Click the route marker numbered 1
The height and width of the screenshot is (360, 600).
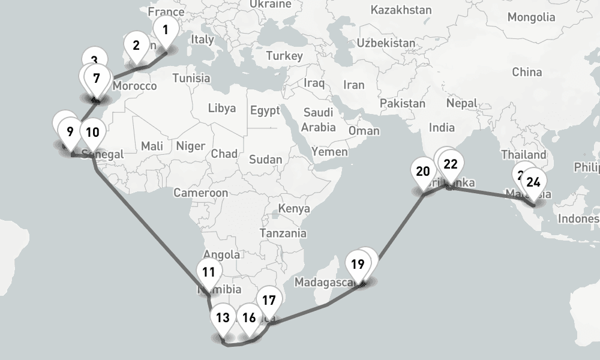pyautogui.click(x=166, y=28)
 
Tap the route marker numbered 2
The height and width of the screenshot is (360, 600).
pyautogui.click(x=136, y=45)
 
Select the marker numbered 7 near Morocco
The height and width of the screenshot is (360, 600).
pyautogui.click(x=96, y=78)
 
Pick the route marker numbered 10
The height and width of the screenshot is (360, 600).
pyautogui.click(x=92, y=131)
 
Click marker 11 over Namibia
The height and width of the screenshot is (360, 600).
pyautogui.click(x=208, y=272)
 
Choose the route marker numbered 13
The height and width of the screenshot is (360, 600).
pyautogui.click(x=223, y=317)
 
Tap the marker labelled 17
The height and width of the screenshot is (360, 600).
pyautogui.click(x=269, y=300)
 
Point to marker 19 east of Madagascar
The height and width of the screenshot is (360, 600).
pyautogui.click(x=358, y=264)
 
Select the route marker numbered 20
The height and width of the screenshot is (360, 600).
pyautogui.click(x=423, y=172)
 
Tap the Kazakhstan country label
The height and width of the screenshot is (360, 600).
pyautogui.click(x=401, y=10)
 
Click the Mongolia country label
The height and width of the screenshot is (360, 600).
pyautogui.click(x=532, y=17)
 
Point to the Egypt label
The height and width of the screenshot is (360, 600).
pyautogui.click(x=265, y=111)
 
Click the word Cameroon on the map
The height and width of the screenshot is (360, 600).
pyautogui.click(x=200, y=193)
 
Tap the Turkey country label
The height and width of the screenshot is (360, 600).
pyautogui.click(x=284, y=56)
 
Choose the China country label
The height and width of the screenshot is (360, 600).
pyautogui.click(x=527, y=72)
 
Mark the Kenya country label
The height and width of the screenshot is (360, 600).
pyautogui.click(x=294, y=209)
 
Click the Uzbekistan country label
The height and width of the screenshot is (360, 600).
pyautogui.click(x=385, y=43)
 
